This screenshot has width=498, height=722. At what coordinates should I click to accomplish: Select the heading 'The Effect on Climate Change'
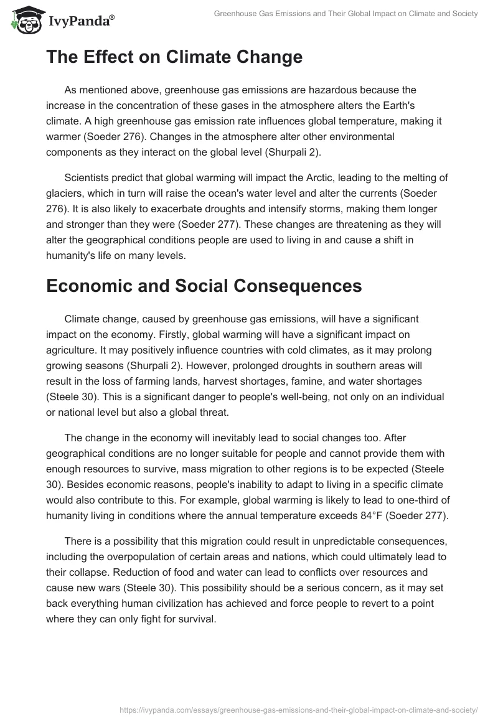point(174,57)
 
